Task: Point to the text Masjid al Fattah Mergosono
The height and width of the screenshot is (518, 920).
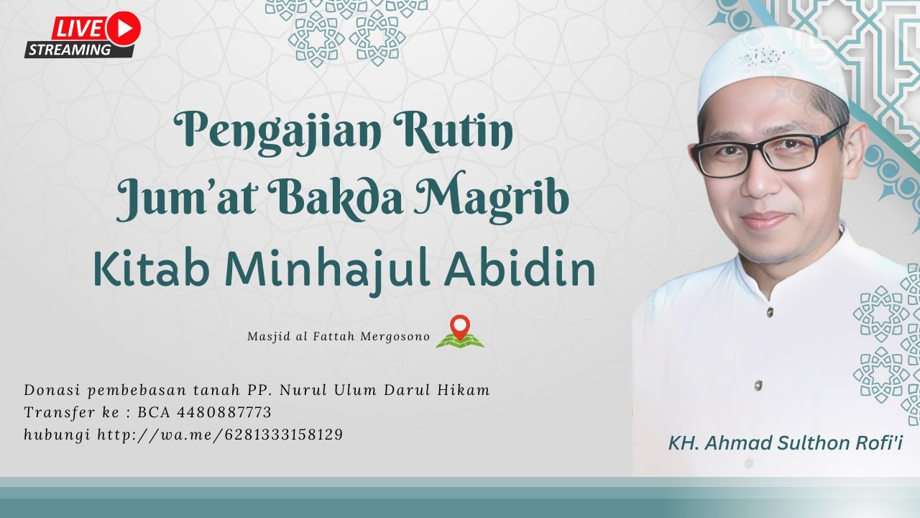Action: (338, 337)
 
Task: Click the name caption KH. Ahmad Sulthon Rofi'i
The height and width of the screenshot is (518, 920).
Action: (785, 443)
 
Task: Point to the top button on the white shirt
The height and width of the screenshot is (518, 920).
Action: (770, 312)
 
